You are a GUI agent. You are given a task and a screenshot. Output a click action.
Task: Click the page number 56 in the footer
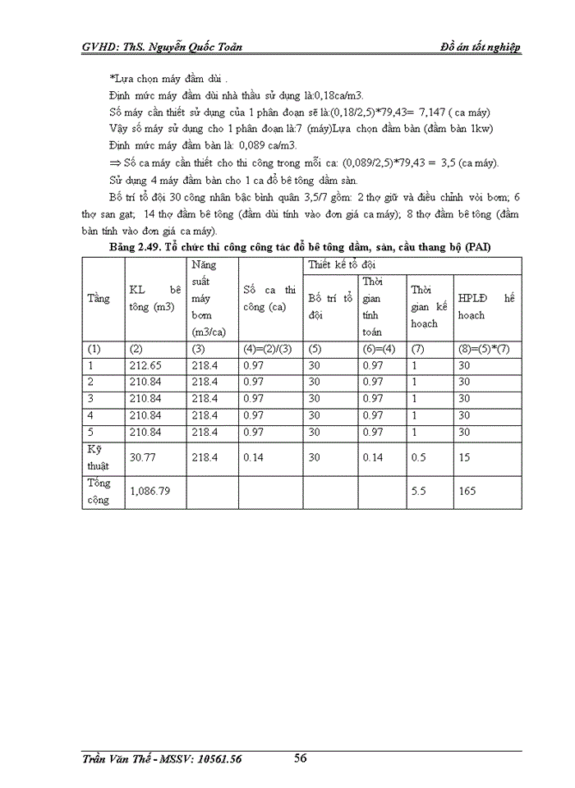click(301, 758)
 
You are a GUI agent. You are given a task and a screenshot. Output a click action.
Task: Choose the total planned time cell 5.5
click(419, 491)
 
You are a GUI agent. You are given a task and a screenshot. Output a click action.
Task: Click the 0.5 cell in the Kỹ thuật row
click(418, 457)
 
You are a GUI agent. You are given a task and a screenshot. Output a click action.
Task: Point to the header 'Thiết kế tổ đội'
click(342, 265)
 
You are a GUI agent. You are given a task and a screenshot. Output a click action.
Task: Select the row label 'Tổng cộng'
click(99, 491)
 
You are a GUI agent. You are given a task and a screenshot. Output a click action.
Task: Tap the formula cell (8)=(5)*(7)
click(484, 348)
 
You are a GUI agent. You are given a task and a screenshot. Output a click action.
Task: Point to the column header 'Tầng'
click(98, 299)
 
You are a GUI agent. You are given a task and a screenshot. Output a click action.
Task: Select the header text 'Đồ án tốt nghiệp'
click(481, 47)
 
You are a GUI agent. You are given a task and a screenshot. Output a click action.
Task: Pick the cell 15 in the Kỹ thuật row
click(464, 457)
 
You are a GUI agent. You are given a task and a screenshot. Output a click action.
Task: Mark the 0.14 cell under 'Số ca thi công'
click(253, 457)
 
